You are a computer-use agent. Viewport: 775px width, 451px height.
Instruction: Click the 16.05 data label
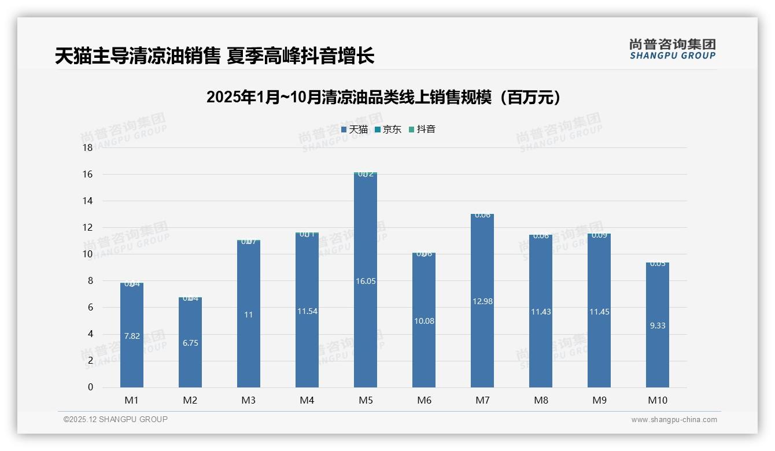pos(366,281)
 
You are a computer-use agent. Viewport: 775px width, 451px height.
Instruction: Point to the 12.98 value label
pos(482,301)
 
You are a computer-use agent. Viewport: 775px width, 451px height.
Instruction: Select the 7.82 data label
pos(132,336)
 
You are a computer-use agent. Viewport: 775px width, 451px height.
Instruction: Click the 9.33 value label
pos(658,326)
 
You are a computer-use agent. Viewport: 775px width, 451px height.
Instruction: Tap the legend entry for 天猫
pos(355,130)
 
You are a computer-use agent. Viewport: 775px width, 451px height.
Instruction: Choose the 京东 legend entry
pos(388,130)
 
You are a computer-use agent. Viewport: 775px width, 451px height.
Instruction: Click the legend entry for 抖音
pos(422,130)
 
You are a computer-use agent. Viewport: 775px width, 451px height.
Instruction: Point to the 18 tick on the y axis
pos(88,147)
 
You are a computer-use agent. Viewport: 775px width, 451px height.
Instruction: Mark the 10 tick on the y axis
pos(88,254)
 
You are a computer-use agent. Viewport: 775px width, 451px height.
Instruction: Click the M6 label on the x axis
pos(424,400)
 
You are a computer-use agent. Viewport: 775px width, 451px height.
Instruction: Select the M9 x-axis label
pos(599,400)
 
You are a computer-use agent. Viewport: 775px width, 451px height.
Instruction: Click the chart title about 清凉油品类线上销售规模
pos(383,97)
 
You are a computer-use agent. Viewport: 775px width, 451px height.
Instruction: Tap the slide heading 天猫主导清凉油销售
pos(215,56)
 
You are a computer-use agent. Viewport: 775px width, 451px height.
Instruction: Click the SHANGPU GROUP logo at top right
pos(672,49)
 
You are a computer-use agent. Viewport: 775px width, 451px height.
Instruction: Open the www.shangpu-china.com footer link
pos(674,420)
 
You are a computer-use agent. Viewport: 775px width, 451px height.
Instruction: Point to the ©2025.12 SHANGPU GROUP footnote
pos(116,419)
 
